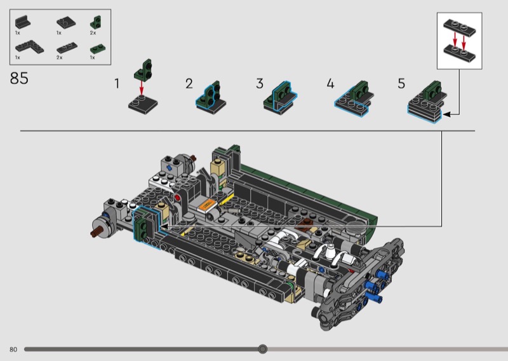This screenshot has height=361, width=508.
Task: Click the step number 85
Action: click(x=19, y=78)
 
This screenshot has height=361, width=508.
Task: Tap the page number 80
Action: click(x=13, y=350)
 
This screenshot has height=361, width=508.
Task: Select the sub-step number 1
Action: click(x=117, y=84)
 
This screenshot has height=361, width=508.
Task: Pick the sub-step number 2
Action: click(x=189, y=84)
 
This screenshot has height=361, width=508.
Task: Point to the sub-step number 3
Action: click(x=260, y=84)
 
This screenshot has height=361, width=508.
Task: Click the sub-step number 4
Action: click(x=330, y=84)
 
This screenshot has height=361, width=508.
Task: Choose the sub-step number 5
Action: click(x=401, y=84)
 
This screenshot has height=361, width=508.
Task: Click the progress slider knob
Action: click(x=263, y=349)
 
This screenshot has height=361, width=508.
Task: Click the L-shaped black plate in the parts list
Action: click(x=29, y=48)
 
